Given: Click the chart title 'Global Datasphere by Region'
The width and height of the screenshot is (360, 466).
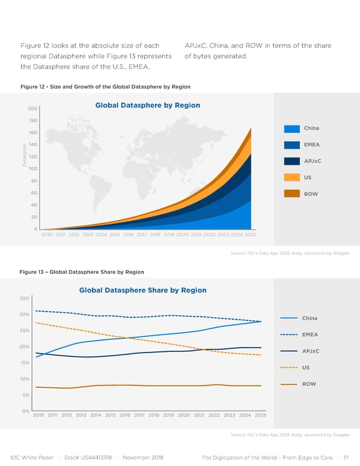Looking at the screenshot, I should click(x=147, y=106).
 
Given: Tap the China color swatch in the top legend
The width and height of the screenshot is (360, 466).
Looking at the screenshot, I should click(x=292, y=129).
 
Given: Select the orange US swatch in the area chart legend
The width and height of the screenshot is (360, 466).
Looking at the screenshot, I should click(x=292, y=177).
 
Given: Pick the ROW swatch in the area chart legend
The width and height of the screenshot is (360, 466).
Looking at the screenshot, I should click(x=292, y=193).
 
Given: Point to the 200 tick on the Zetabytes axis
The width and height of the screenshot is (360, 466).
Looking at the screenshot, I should click(x=32, y=109).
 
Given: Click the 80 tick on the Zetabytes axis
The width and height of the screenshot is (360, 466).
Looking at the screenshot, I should click(x=34, y=181).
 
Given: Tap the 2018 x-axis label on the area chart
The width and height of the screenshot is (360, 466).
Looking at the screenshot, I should click(x=155, y=235).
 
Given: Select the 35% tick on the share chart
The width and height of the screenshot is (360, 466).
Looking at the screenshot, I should click(x=25, y=298).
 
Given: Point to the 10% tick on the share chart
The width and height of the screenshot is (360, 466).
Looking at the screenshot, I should click(x=25, y=379).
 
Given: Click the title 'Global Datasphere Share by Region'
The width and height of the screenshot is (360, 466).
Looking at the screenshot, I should click(x=143, y=290).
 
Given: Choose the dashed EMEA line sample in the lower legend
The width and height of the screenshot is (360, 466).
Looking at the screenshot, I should click(x=289, y=334).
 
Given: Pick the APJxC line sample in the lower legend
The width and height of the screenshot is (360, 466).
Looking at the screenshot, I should click(x=289, y=351).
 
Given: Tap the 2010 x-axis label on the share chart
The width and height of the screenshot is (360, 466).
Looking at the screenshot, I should click(x=39, y=415).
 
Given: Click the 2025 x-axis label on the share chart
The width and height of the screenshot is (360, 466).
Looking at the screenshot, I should click(x=260, y=415).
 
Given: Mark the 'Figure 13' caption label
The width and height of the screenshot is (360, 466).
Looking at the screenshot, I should click(x=32, y=272).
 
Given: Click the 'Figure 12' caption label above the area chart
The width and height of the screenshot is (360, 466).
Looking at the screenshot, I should click(x=32, y=87).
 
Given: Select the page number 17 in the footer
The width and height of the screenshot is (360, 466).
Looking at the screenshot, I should click(x=345, y=457).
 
